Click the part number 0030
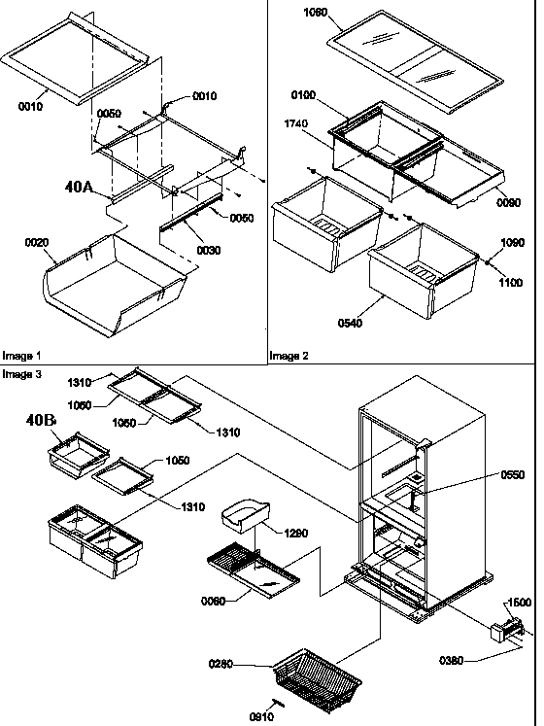click(x=209, y=251)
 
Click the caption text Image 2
click(x=290, y=356)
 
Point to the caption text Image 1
click(x=21, y=356)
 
